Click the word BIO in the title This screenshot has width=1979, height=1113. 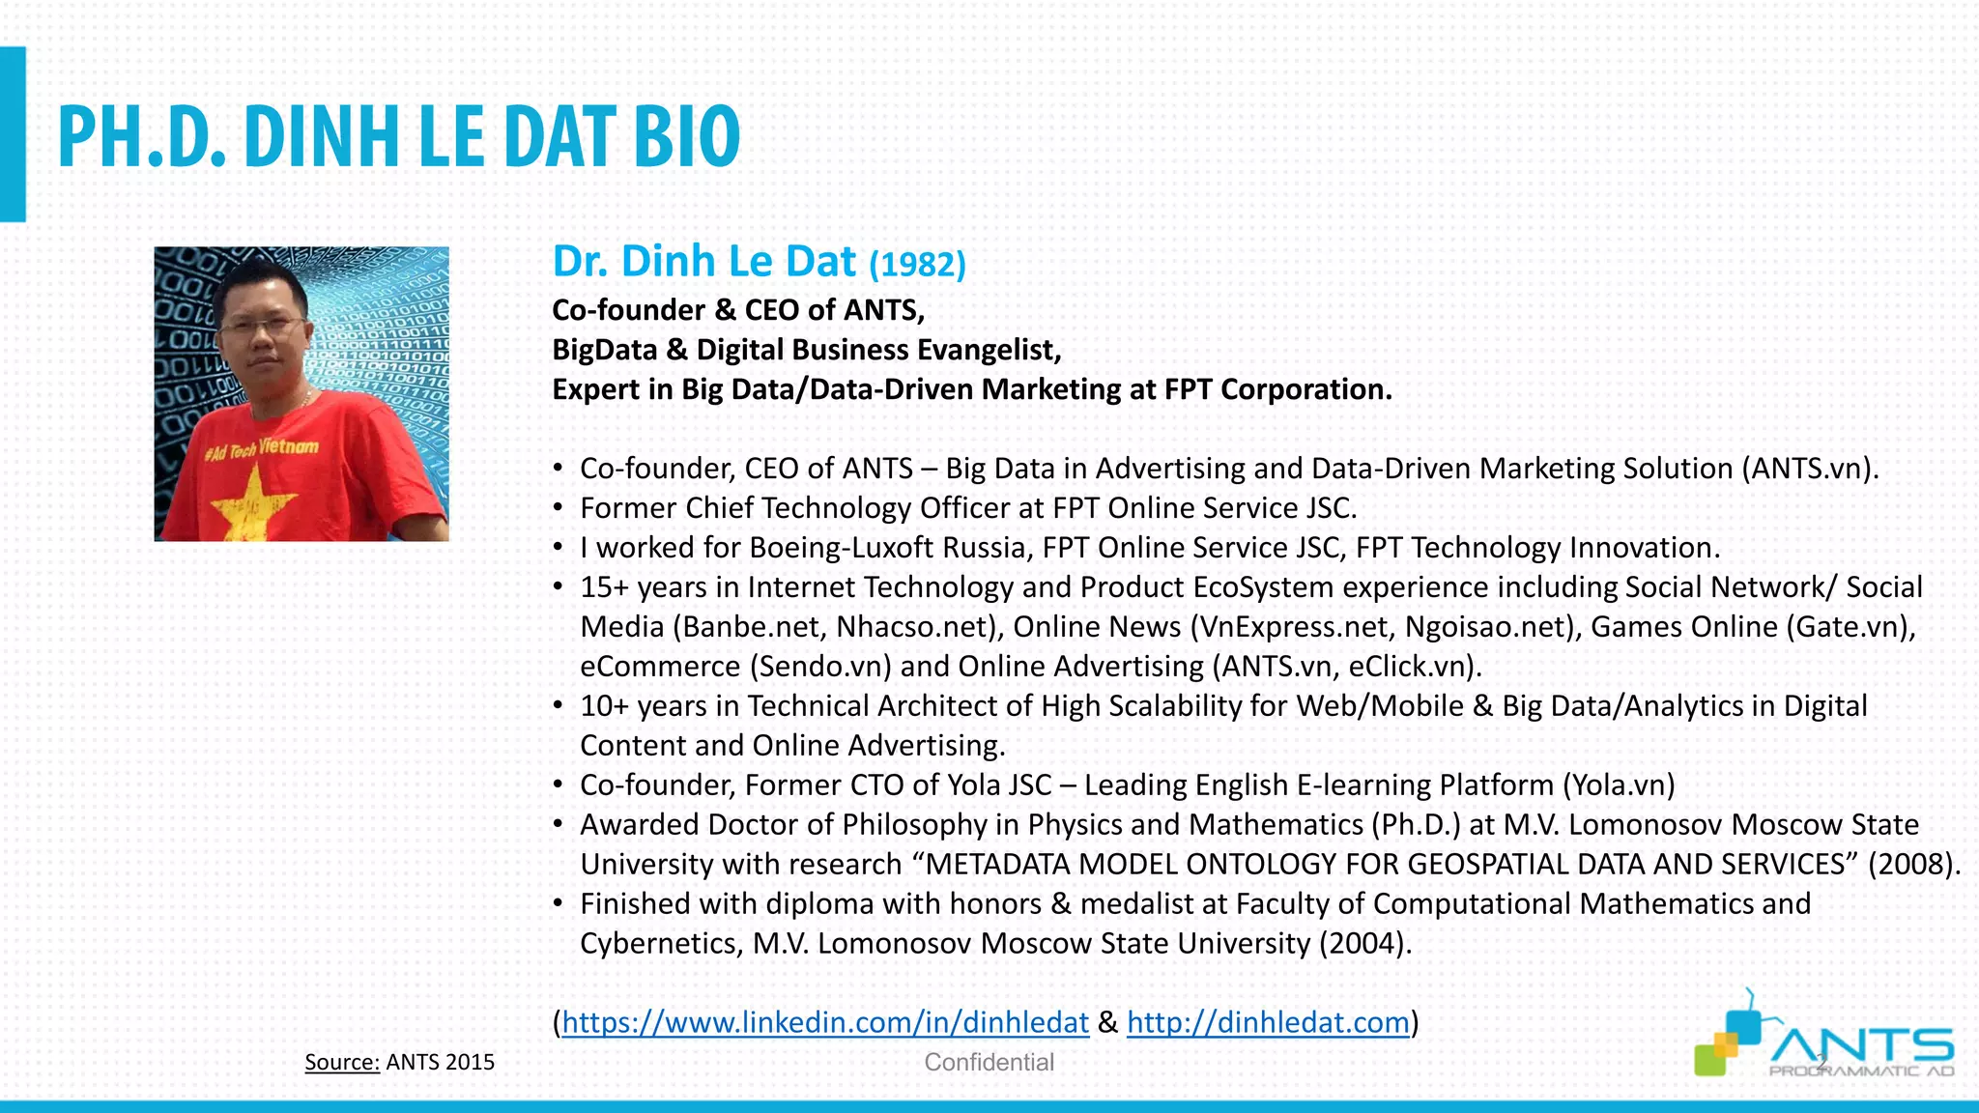tap(687, 136)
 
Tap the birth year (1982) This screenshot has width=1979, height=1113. tap(917, 264)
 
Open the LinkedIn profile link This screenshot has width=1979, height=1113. tap(825, 1022)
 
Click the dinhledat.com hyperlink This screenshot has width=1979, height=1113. tap(1268, 1022)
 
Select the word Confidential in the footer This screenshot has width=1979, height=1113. tap(989, 1062)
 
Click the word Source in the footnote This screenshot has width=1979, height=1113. tap(341, 1062)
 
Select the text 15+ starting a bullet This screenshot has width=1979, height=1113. tap(604, 587)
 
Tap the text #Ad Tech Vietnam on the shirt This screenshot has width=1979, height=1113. tap(262, 448)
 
